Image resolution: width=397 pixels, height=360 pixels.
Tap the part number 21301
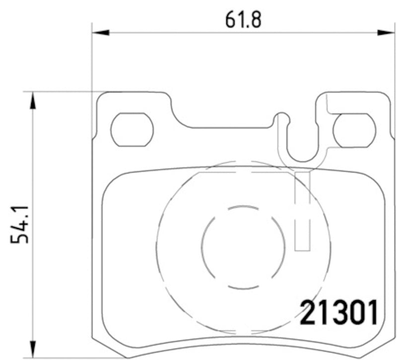click(x=340, y=312)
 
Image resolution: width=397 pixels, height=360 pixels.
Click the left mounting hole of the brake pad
click(x=132, y=130)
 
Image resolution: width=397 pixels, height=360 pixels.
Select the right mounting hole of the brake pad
click(x=354, y=130)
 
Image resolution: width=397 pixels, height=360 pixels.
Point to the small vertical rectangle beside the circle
click(x=302, y=211)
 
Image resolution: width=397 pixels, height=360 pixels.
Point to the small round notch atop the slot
click(x=282, y=118)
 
